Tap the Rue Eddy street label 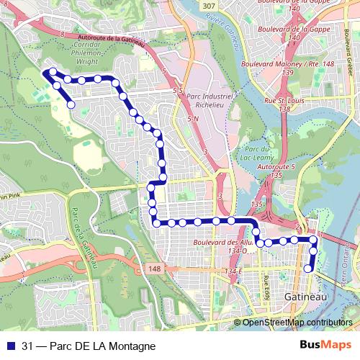point(266,283)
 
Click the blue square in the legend point(9,346)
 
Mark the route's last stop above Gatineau point(308,269)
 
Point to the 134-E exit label point(235,270)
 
